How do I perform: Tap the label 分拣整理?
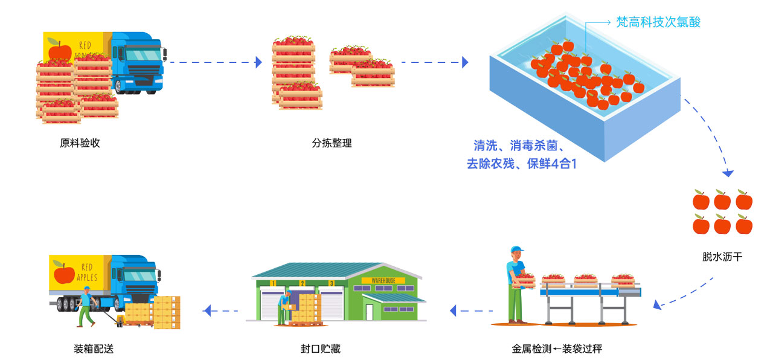(x=332, y=143)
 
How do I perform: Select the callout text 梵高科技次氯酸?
(x=658, y=22)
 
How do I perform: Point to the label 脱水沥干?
(x=722, y=257)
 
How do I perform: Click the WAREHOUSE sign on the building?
(x=383, y=281)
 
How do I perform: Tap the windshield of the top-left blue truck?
(x=143, y=55)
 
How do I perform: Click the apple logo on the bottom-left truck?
(x=64, y=273)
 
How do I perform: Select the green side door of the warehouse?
(x=370, y=312)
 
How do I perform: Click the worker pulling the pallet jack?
(x=86, y=306)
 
